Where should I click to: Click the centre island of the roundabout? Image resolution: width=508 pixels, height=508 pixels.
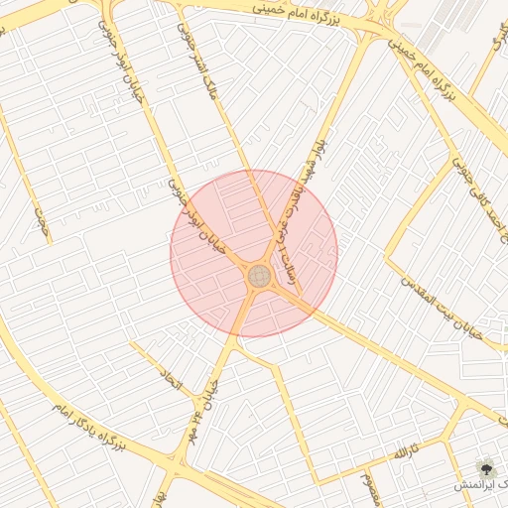[x=259, y=275]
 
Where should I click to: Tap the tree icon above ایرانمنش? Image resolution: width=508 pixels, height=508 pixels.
[x=486, y=466]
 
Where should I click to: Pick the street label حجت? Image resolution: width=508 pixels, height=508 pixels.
[x=41, y=223]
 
